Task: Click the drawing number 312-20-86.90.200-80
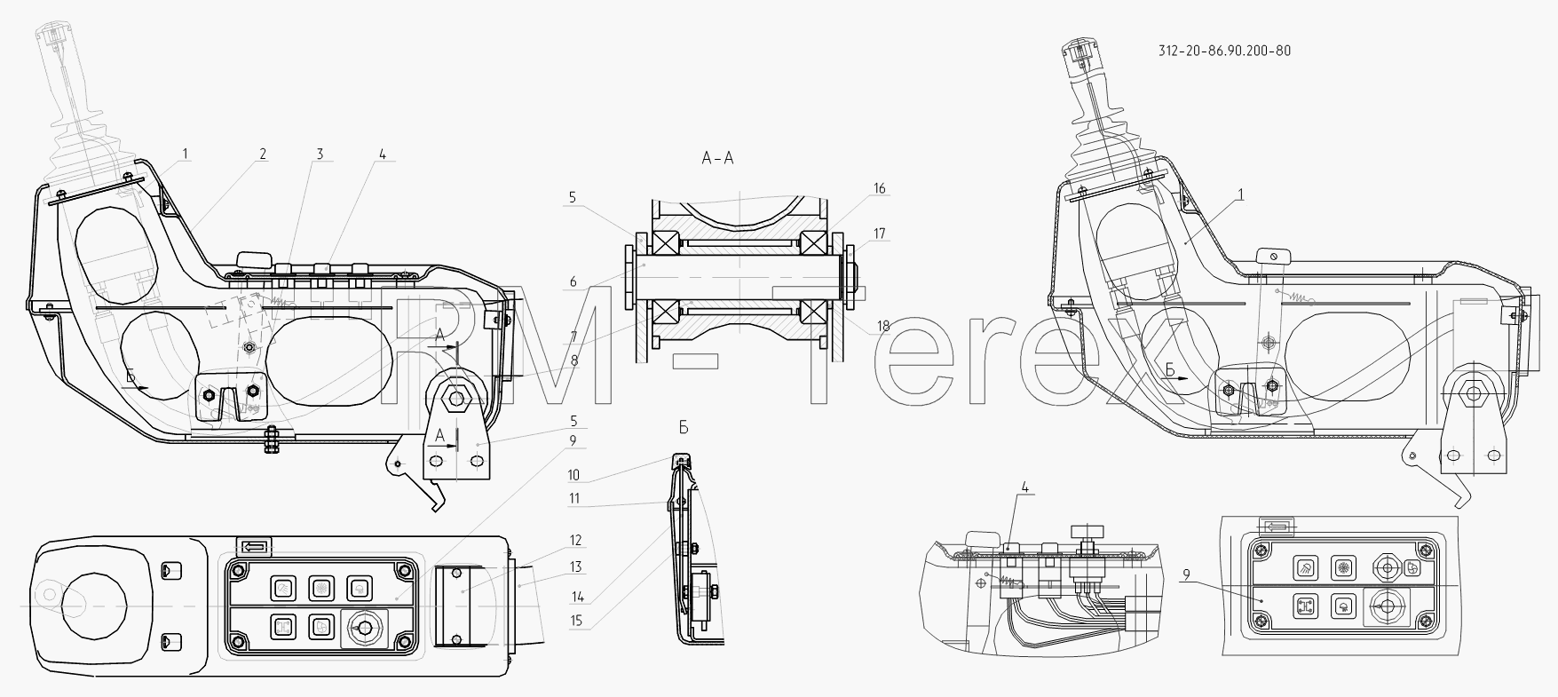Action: click(x=1224, y=51)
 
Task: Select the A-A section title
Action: click(x=717, y=159)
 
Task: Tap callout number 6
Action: click(x=573, y=282)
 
